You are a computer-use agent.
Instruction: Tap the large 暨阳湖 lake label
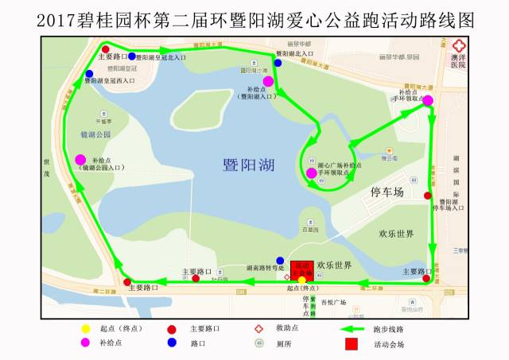(x=249, y=165)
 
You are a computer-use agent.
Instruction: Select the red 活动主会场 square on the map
(x=301, y=269)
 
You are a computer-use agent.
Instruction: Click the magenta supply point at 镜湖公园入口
(x=80, y=160)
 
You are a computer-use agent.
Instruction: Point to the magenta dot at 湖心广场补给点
(x=311, y=173)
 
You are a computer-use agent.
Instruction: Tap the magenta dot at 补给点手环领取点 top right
(x=428, y=100)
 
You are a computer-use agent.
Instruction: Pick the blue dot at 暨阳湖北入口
(x=278, y=62)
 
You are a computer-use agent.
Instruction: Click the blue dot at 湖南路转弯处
(x=280, y=261)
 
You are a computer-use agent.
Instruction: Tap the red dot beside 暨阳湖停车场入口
(x=428, y=195)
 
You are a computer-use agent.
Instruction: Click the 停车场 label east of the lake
(x=388, y=193)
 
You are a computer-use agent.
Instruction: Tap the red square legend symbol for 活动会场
(x=352, y=344)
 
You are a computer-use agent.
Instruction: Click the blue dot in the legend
(x=171, y=343)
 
